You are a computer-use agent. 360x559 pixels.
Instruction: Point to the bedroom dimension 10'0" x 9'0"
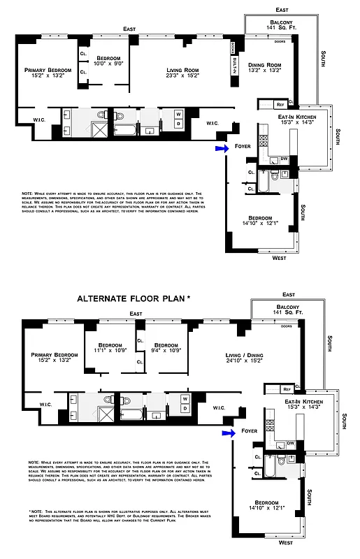point(108,63)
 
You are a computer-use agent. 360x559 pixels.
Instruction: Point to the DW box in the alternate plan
point(289,444)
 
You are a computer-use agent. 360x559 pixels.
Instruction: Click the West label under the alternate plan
point(286,542)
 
